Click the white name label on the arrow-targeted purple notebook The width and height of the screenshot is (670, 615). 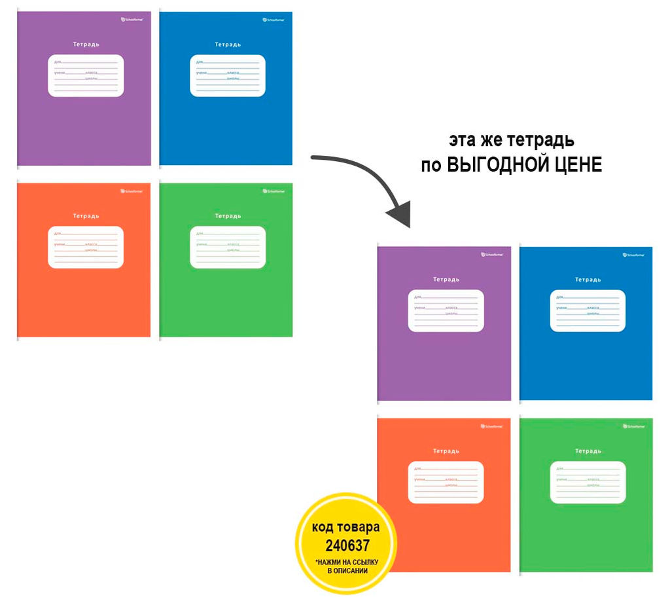(x=446, y=310)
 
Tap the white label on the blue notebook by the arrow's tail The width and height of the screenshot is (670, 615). (x=228, y=76)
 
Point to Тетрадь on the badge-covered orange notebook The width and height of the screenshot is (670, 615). (x=446, y=451)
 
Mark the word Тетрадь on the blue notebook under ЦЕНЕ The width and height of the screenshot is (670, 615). (x=588, y=280)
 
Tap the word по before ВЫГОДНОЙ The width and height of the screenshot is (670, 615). (x=431, y=164)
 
